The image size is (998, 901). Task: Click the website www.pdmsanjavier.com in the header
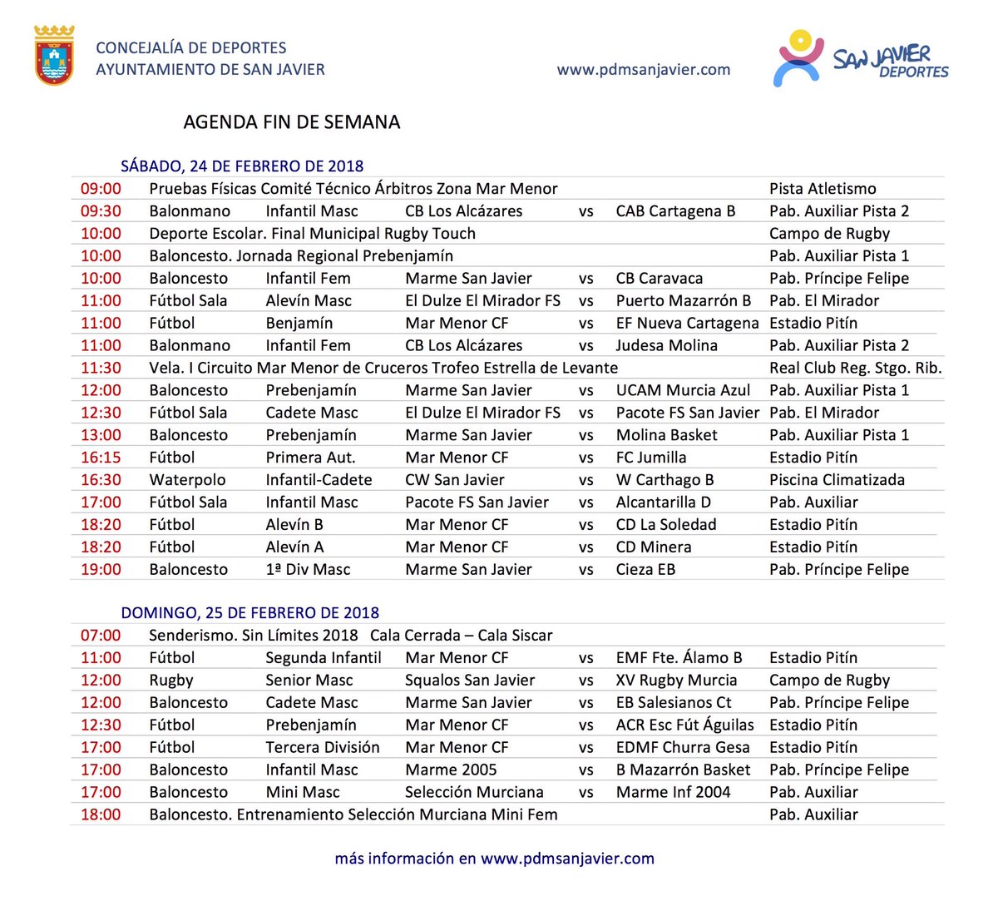[644, 70]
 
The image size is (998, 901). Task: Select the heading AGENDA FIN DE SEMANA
[291, 122]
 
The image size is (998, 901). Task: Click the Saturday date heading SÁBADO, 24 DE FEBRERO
[242, 166]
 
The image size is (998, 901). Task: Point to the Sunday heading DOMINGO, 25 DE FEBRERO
[249, 613]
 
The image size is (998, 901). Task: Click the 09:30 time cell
[101, 211]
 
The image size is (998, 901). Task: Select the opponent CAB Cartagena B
[675, 211]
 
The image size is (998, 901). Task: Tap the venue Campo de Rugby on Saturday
[829, 234]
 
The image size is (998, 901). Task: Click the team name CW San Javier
[454, 480]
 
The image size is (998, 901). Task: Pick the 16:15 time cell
[101, 458]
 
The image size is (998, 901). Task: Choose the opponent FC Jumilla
[651, 458]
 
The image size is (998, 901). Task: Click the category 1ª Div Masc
[308, 570]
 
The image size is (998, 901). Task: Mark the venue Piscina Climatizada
[837, 480]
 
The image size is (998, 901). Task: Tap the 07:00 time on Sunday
[101, 636]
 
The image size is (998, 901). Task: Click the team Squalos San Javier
[470, 681]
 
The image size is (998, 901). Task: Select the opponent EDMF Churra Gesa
[683, 748]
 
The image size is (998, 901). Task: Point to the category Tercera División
[322, 748]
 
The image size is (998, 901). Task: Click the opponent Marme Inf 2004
[673, 793]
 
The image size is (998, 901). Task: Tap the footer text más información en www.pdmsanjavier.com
[494, 859]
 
